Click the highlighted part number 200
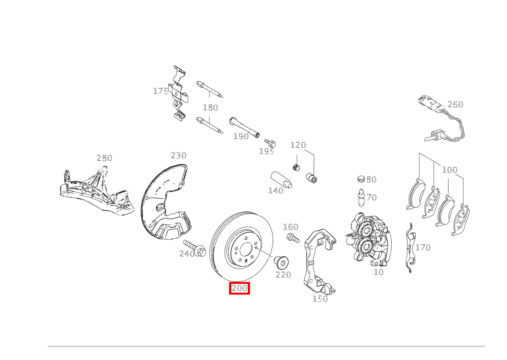(x=239, y=288)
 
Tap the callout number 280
(x=104, y=158)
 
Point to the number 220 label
(x=283, y=275)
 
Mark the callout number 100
(x=450, y=169)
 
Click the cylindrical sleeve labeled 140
(x=281, y=180)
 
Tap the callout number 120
(x=298, y=145)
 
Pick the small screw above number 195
(x=271, y=143)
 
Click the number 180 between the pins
(x=210, y=108)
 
